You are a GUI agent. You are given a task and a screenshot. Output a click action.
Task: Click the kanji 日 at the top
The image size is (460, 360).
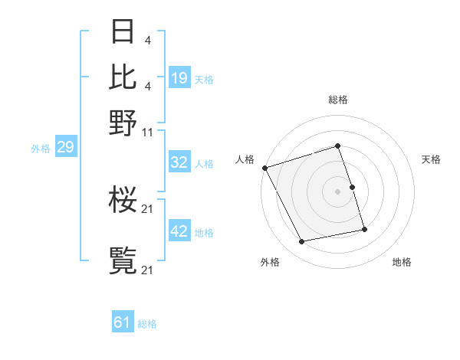point(123,32)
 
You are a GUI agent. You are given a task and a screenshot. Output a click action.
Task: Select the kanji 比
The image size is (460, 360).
point(123,76)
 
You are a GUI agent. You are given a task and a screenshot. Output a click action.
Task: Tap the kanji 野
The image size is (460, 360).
point(123,122)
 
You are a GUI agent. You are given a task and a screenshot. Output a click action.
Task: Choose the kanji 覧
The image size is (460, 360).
point(123,261)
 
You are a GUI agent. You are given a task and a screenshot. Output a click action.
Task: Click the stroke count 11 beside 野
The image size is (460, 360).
point(148,131)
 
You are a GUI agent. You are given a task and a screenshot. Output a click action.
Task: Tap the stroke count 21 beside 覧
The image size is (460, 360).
point(148,270)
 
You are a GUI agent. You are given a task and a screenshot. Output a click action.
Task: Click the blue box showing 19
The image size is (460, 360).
point(179,78)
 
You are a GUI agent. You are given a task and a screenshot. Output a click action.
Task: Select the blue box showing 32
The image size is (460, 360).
point(179,162)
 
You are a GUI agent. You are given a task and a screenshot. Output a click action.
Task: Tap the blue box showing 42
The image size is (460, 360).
point(179,231)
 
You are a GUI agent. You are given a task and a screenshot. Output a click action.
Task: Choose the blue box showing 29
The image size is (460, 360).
point(65,147)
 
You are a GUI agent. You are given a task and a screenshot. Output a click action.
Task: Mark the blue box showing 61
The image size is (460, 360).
point(123,322)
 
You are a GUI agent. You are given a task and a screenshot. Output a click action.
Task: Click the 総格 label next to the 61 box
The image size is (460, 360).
point(147,324)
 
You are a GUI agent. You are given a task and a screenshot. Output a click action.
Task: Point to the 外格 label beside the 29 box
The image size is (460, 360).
point(40,149)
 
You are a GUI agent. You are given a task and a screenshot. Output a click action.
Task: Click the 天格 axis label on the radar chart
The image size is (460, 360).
point(431,159)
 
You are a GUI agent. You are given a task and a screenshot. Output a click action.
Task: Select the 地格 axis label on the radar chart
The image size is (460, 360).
point(402,262)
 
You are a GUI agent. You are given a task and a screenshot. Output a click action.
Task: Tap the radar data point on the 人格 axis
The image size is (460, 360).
point(264,168)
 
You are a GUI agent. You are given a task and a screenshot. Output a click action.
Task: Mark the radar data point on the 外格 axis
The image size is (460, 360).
point(301,242)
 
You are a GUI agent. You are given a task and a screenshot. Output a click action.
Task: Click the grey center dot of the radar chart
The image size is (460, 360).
point(337,191)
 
